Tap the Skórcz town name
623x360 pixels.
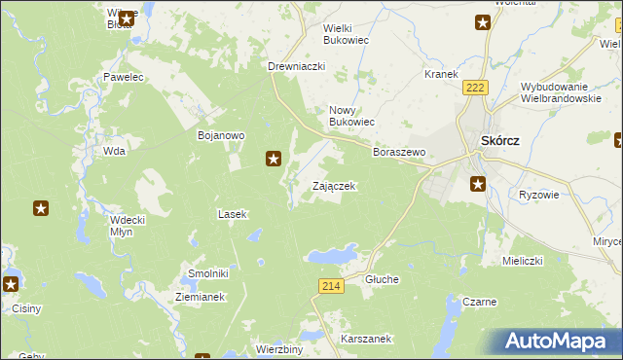(x=499, y=140)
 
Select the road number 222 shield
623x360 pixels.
(x=475, y=88)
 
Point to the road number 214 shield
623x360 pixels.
(x=330, y=285)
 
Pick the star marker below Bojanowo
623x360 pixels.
(x=275, y=158)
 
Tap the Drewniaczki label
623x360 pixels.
(x=296, y=66)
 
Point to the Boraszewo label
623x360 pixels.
(x=399, y=153)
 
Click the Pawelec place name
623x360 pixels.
(x=124, y=76)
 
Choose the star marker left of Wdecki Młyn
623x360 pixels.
(x=41, y=207)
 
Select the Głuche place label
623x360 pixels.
(x=382, y=279)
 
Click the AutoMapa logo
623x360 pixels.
(x=556, y=340)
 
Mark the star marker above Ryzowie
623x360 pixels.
(x=478, y=183)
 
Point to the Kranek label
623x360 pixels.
(x=441, y=74)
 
